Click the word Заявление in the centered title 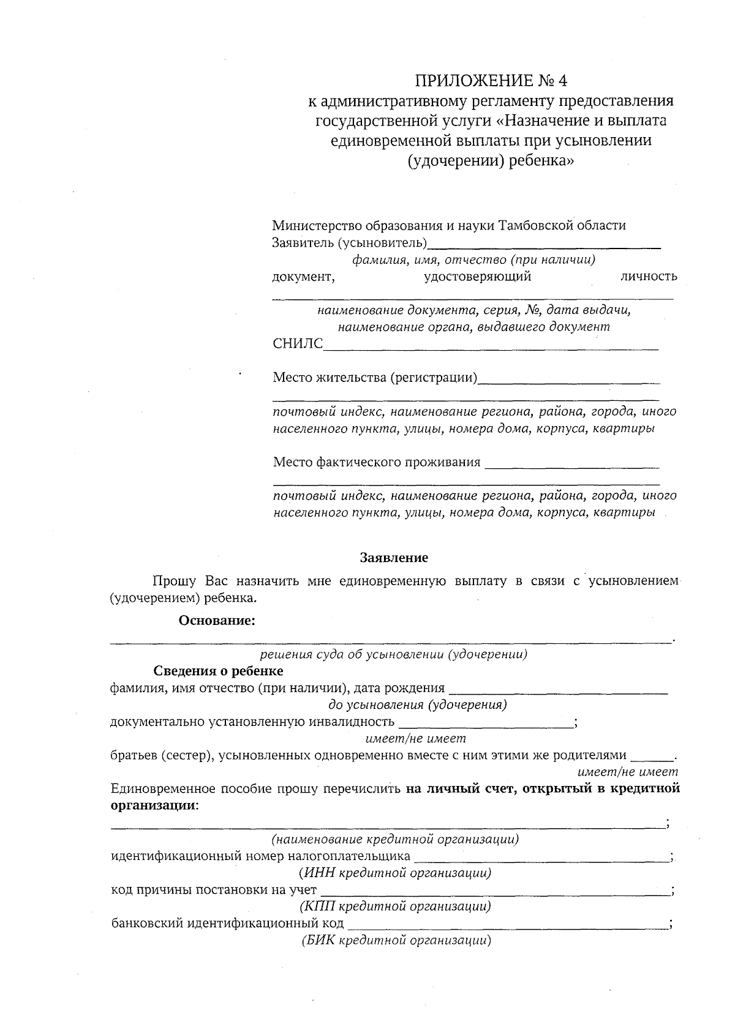(x=394, y=558)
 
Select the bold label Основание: (x=217, y=621)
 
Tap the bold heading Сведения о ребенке (x=218, y=671)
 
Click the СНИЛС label (x=297, y=344)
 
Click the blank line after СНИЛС (x=490, y=347)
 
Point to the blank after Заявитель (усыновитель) (x=544, y=245)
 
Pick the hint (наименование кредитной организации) (x=395, y=839)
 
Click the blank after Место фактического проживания (x=572, y=465)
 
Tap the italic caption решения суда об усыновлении (x=394, y=654)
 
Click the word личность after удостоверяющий (x=649, y=276)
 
